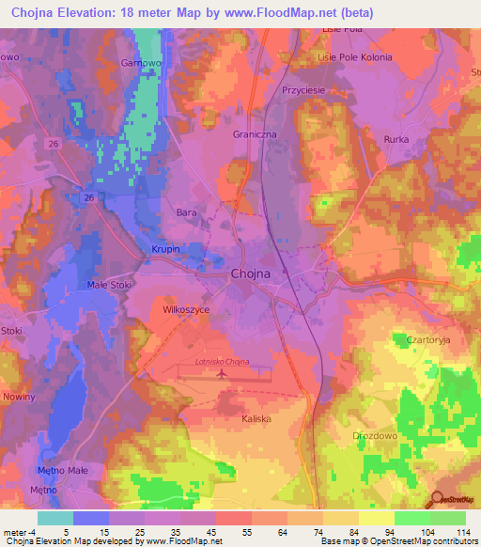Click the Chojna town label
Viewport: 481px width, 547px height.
click(250, 273)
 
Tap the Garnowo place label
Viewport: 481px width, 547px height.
click(138, 64)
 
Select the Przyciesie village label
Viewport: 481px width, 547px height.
click(303, 90)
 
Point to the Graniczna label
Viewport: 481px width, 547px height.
click(253, 134)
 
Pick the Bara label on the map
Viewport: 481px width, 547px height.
click(186, 213)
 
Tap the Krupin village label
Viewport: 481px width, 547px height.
click(166, 250)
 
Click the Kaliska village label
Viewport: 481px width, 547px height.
click(256, 420)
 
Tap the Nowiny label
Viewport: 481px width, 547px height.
click(19, 397)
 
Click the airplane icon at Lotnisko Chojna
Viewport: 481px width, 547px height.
click(222, 374)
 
